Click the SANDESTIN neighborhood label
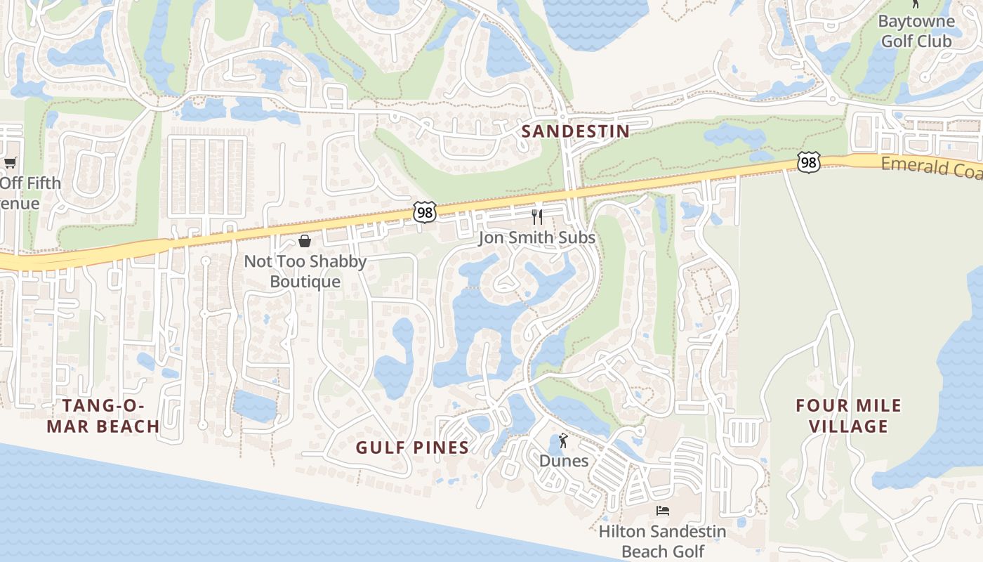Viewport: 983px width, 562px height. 575,131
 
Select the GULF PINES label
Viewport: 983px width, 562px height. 412,447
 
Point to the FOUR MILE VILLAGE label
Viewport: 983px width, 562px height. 848,416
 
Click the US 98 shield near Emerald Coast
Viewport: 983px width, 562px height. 809,162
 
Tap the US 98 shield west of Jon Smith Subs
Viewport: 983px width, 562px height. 425,211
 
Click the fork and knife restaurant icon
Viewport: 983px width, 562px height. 537,216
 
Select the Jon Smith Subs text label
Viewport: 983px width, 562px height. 537,237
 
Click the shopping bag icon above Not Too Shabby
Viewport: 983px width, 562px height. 305,241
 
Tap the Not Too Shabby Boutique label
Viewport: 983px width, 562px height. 305,271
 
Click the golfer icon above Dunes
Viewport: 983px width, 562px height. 563,441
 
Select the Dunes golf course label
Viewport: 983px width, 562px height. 564,461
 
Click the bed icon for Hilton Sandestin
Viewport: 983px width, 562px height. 662,510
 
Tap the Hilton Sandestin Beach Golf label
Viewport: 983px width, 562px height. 662,541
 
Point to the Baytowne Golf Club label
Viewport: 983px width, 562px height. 916,31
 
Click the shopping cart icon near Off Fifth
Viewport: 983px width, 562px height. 10,163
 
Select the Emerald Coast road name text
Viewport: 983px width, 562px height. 931,166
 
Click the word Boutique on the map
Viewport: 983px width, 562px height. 305,282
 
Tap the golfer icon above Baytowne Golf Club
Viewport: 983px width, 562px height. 915,4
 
